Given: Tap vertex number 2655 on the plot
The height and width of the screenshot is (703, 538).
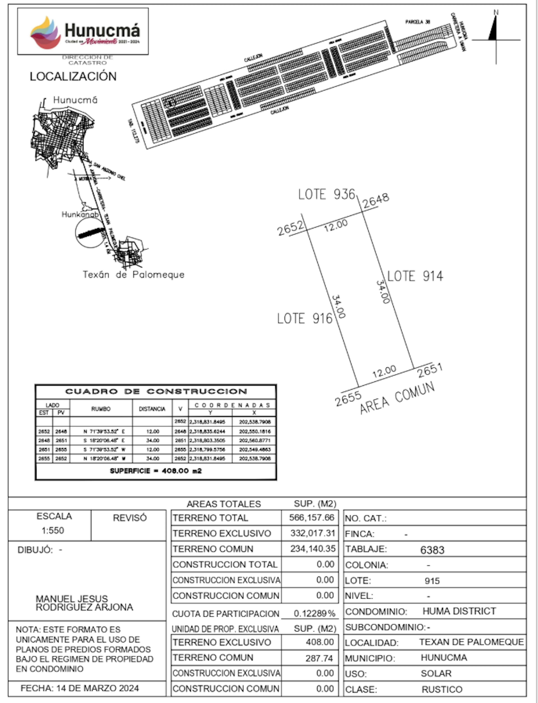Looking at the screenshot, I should [x=348, y=399].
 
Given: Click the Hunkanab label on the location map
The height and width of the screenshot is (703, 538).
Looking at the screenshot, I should [x=80, y=214].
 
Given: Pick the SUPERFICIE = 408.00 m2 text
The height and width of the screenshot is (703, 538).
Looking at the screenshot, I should [x=156, y=471].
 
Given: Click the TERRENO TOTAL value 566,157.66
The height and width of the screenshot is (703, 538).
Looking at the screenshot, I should [x=311, y=518].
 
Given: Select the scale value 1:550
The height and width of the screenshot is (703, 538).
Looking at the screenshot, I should [x=53, y=530].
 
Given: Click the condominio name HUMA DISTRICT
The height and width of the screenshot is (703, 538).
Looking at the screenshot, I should [x=459, y=611].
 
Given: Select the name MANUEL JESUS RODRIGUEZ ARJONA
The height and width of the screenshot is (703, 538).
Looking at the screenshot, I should [x=84, y=603].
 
